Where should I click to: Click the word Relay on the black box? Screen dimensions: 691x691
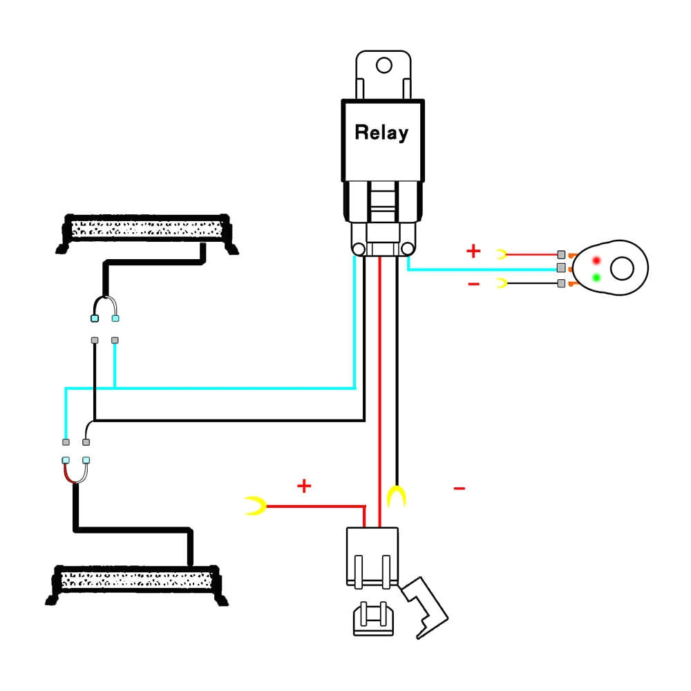[x=381, y=132]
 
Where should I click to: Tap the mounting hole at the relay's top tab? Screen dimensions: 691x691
[x=384, y=66]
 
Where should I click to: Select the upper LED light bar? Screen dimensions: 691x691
[x=147, y=229]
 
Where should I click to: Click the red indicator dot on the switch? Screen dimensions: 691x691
[x=596, y=260]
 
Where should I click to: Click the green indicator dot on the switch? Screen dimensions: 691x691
[x=596, y=278]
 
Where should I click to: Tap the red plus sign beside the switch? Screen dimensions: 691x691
[x=473, y=251]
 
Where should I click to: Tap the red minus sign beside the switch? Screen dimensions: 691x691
[x=473, y=284]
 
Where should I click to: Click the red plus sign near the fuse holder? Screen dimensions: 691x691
[x=304, y=486]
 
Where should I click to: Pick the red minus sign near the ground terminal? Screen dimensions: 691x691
[x=459, y=489]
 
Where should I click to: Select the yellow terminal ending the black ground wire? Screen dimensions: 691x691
[x=396, y=496]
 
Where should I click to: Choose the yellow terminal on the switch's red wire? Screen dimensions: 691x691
[x=502, y=254]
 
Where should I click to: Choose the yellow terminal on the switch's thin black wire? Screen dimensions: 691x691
[x=502, y=283]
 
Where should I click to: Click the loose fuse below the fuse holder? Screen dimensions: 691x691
[x=373, y=618]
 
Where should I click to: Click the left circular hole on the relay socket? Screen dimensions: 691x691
[x=358, y=249]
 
